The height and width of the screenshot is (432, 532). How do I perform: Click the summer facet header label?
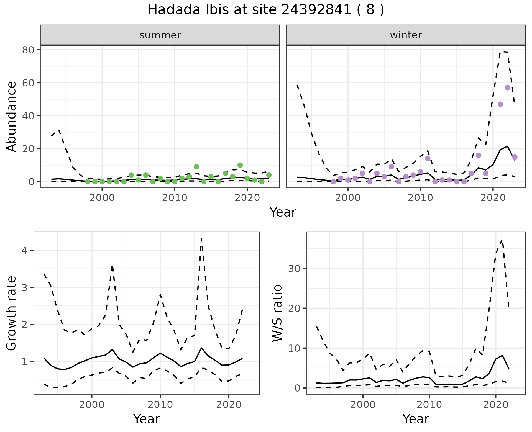[x=160, y=35]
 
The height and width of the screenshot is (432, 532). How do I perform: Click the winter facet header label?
[x=406, y=35]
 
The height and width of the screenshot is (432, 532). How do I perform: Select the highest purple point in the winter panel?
[x=507, y=88]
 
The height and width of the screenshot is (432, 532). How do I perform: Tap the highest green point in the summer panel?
[x=240, y=165]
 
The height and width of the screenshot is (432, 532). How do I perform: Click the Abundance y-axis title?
[x=11, y=116]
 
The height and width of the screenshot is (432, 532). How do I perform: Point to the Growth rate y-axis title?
[x=11, y=313]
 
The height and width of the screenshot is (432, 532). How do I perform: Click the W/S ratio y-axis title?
[x=277, y=313]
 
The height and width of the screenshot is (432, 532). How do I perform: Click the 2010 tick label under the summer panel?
[x=175, y=198]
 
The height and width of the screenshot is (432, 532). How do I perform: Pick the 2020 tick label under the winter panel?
[x=493, y=198]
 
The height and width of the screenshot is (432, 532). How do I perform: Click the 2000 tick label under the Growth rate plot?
[x=92, y=405]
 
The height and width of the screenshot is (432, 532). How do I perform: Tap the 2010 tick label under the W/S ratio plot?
[x=429, y=405]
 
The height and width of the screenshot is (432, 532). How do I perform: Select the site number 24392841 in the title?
[x=316, y=10]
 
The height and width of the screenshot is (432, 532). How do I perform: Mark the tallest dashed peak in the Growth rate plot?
[x=201, y=238]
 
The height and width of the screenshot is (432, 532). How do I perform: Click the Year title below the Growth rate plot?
[x=147, y=419]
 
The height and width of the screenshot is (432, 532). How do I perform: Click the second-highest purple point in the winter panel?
[x=500, y=104]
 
